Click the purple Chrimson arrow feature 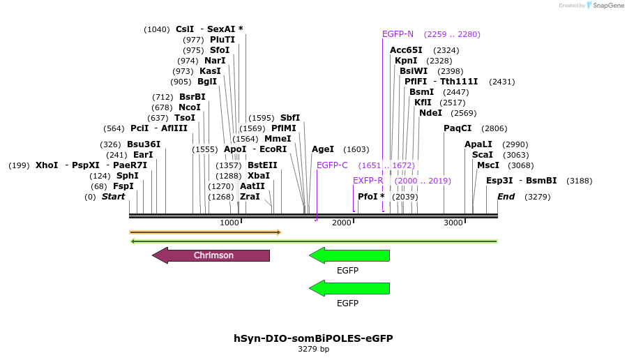(211, 255)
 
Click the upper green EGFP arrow (349, 255)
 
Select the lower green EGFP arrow (349, 288)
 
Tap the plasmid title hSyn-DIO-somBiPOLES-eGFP (313, 338)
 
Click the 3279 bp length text (313, 349)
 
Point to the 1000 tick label (229, 223)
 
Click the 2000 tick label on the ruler (342, 223)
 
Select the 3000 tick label (453, 223)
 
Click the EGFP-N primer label (398, 34)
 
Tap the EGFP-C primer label (332, 165)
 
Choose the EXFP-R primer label (368, 181)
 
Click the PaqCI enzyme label (458, 128)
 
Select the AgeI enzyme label (323, 149)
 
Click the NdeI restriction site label (430, 113)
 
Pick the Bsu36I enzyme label (144, 144)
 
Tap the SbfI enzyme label (290, 118)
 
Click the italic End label (506, 197)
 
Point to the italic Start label (113, 197)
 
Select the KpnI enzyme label (406, 61)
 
